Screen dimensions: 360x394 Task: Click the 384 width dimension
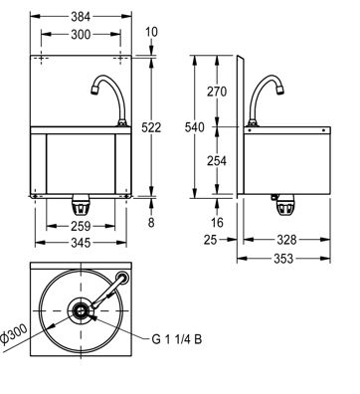coord(81,17)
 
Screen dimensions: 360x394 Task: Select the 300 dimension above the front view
coord(81,34)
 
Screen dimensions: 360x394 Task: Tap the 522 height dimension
coord(151,127)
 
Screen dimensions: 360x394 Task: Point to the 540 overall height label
coord(195,127)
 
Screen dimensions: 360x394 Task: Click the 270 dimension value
coord(217,92)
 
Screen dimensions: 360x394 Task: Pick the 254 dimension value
coord(217,161)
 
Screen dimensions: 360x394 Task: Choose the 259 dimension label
coord(81,226)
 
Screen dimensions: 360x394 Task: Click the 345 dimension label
coord(81,243)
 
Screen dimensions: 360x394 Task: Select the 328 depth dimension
coord(286,240)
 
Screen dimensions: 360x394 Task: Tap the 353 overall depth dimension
coord(283,259)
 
